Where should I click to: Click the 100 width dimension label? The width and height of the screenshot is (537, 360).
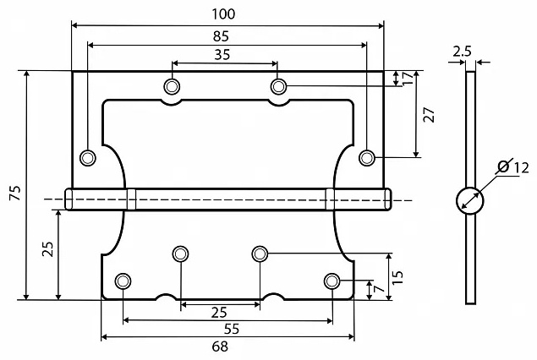(223, 14)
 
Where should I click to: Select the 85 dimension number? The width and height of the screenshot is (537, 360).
(221, 36)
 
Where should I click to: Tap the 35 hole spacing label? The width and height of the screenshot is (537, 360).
(222, 54)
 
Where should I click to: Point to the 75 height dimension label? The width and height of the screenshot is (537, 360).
(15, 193)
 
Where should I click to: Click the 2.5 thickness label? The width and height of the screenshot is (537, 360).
(462, 52)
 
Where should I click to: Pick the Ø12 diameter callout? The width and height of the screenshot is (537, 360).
(513, 167)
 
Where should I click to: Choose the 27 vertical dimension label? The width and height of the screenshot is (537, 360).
(429, 115)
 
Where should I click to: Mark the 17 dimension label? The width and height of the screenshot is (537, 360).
(408, 79)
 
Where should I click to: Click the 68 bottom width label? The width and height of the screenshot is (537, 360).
(220, 346)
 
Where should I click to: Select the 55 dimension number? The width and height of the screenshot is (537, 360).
(232, 329)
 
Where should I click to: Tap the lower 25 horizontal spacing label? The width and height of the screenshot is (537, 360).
(219, 313)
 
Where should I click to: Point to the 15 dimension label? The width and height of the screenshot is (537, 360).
(397, 277)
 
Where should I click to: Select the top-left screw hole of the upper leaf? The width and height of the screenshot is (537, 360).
(172, 86)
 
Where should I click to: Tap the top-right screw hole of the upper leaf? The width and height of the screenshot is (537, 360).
(278, 86)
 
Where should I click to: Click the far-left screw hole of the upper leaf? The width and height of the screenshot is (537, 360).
(88, 158)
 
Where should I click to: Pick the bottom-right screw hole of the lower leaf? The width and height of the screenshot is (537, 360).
(332, 281)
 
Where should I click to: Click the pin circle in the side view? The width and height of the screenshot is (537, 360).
(470, 201)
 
